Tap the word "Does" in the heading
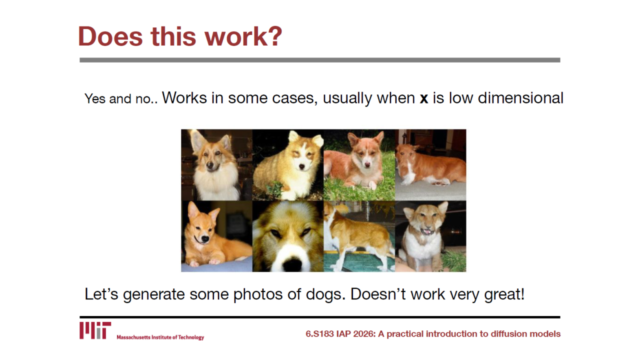point(110,36)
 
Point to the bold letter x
point(423,98)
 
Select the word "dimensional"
point(520,98)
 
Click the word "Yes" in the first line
point(95,99)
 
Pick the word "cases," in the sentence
point(295,98)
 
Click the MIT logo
point(95,330)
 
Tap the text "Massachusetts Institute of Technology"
point(160,337)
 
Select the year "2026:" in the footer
point(364,333)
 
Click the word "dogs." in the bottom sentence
point(325,294)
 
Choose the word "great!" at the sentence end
point(504,294)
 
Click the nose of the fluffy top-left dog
point(210,165)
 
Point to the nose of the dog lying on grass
point(367,165)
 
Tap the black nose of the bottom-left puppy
point(205,238)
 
